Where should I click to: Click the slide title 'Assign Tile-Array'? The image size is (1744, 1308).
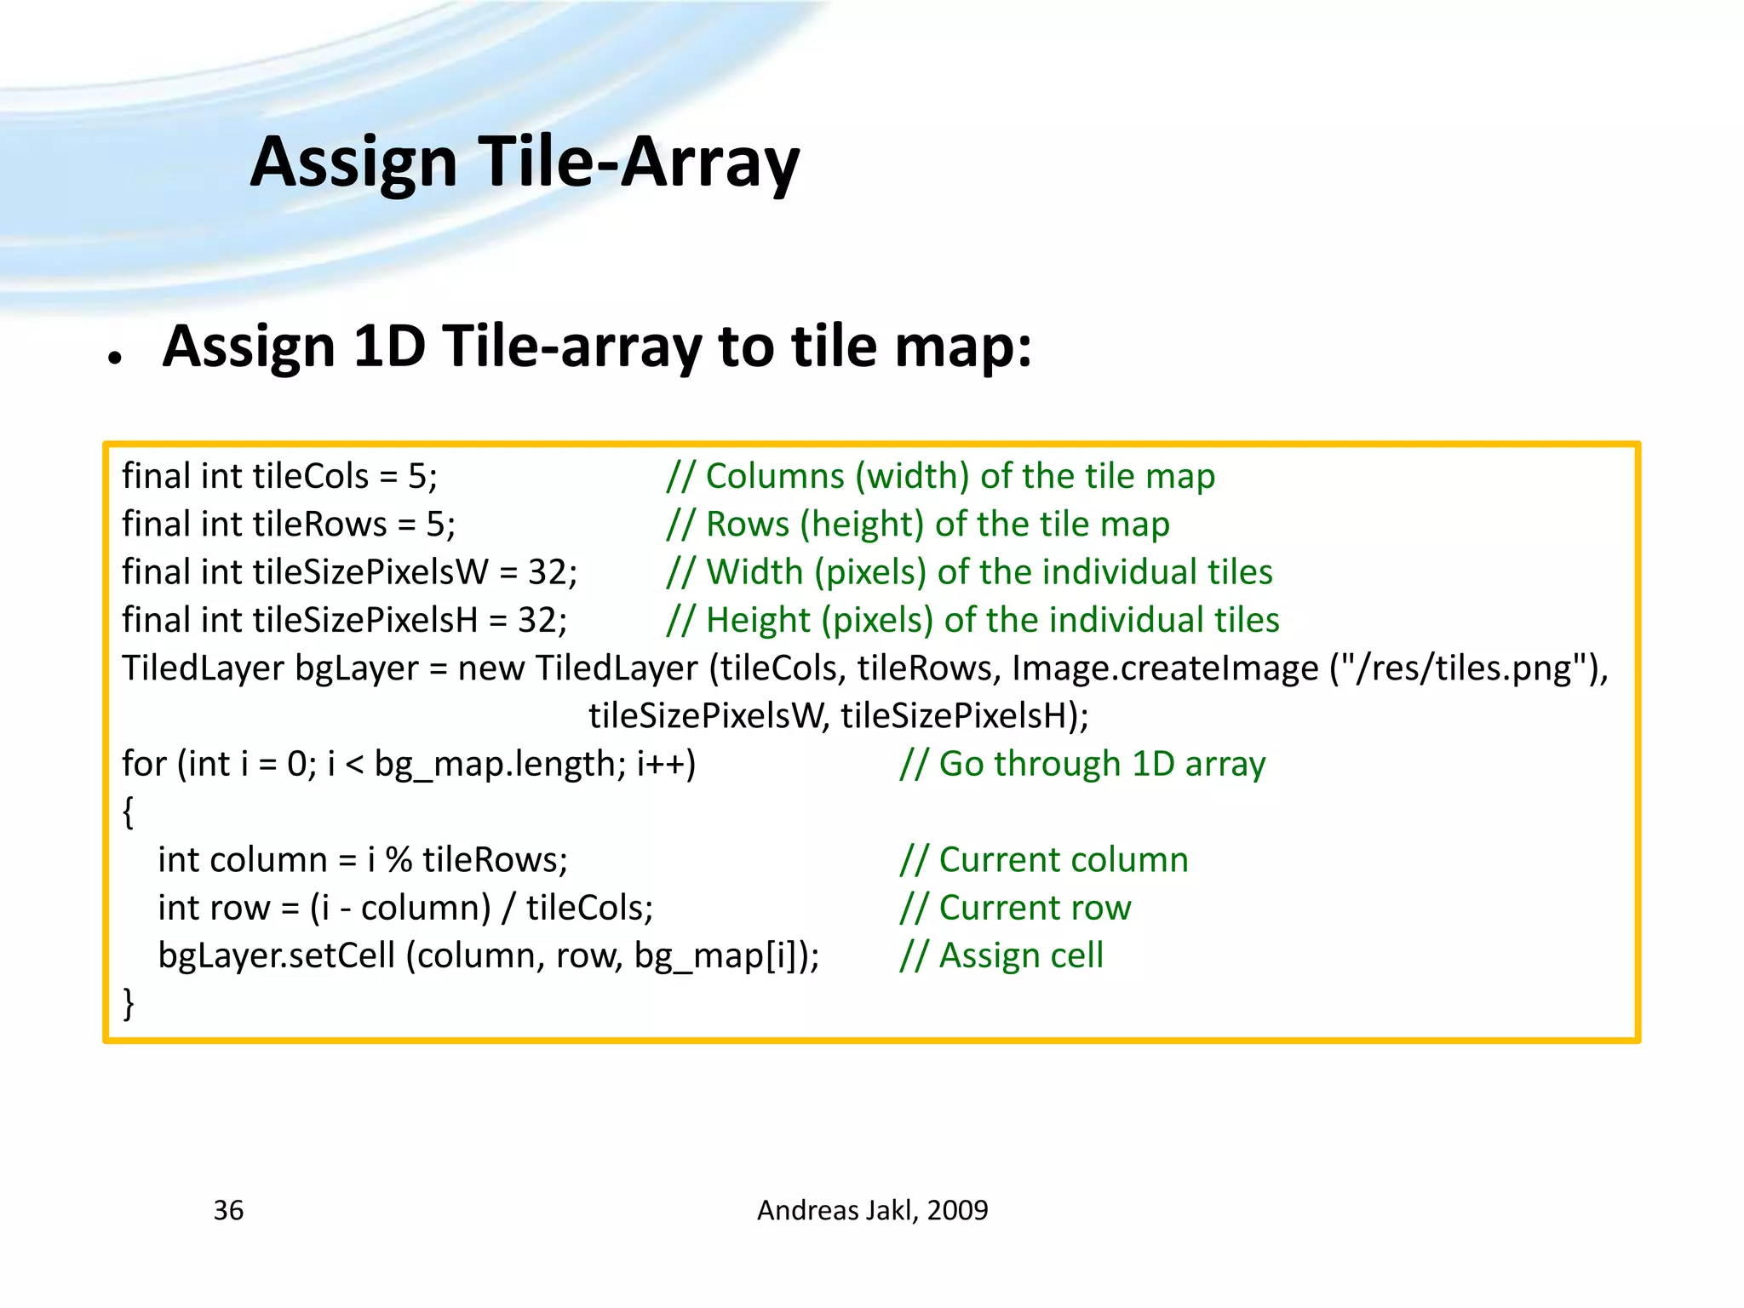click(x=525, y=162)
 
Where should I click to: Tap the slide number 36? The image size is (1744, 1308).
click(x=228, y=1210)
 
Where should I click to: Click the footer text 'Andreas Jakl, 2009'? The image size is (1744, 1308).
click(x=872, y=1210)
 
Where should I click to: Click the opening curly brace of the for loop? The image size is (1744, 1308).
click(x=129, y=812)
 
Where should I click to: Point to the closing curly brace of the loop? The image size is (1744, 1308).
click(x=129, y=1003)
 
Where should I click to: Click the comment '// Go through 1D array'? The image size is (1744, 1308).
click(x=1082, y=764)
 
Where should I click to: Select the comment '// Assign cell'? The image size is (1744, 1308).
click(x=1001, y=955)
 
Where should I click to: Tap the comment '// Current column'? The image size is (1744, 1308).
click(x=1044, y=860)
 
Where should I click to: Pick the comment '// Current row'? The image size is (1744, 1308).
click(x=1015, y=908)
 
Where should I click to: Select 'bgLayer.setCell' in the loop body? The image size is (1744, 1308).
click(x=277, y=955)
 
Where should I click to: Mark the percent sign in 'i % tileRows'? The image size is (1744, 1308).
click(x=399, y=860)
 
